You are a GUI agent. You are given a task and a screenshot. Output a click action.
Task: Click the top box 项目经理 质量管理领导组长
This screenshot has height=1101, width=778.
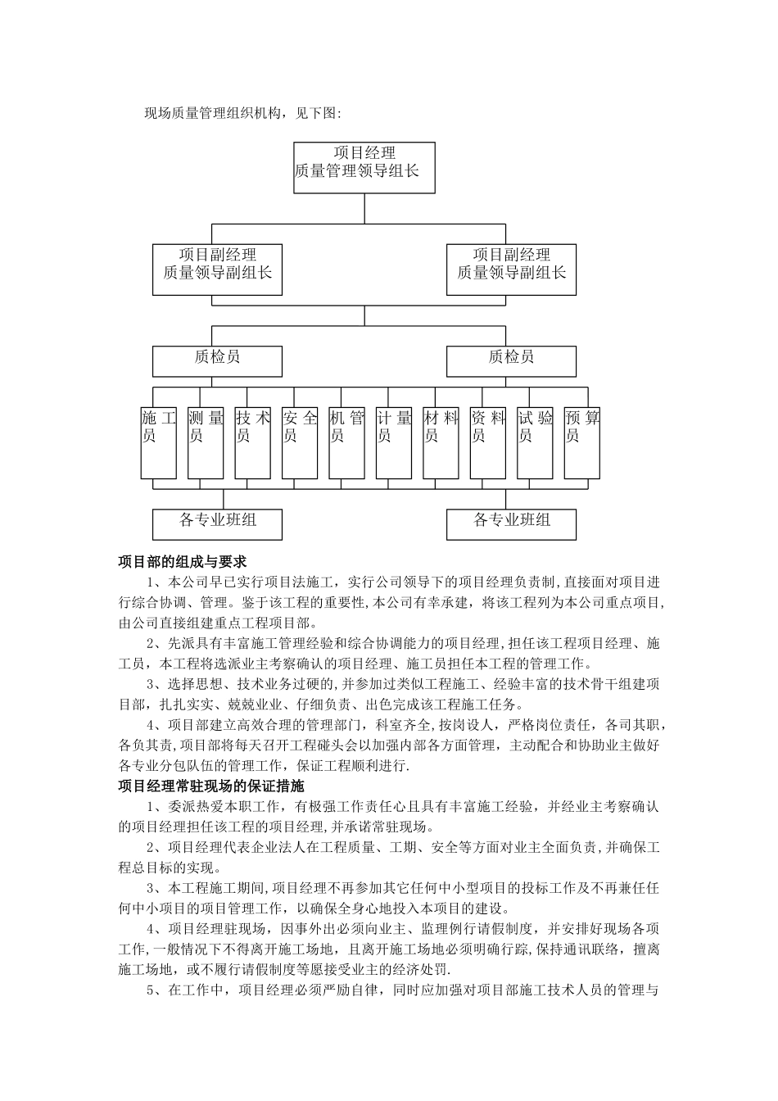364,167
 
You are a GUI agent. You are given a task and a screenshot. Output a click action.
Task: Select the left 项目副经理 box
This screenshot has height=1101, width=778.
218,270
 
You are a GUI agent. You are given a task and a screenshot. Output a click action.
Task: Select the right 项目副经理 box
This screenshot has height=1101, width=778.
511,270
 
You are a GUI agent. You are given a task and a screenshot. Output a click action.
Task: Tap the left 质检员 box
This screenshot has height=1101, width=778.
218,360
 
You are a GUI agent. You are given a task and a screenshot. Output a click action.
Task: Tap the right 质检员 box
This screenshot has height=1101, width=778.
511,360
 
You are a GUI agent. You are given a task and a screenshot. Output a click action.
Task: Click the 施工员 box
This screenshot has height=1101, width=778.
159,442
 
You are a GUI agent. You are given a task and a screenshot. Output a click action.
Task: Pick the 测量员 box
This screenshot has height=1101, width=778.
206,442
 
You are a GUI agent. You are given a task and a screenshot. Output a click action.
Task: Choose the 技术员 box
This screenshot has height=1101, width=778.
252,442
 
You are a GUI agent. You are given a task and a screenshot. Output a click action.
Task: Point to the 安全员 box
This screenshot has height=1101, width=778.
300,442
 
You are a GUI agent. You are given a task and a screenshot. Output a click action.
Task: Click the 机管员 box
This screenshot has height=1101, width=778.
346,442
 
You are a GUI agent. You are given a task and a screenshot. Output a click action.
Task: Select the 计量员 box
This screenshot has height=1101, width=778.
394,442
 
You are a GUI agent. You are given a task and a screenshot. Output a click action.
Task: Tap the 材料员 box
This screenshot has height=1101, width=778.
441,442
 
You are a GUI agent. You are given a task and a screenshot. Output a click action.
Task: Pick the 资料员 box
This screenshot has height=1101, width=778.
488,442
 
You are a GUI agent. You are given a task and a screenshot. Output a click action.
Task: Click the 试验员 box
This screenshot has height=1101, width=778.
535,442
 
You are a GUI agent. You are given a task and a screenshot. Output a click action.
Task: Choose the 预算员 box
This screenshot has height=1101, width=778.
582,442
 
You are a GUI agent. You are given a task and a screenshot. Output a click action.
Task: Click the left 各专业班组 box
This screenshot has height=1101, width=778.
218,523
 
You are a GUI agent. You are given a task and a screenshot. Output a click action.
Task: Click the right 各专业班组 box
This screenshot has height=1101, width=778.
511,523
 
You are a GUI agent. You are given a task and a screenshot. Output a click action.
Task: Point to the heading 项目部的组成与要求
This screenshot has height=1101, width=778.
183,562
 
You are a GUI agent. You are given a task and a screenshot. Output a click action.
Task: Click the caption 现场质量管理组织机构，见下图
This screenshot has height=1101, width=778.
242,113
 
